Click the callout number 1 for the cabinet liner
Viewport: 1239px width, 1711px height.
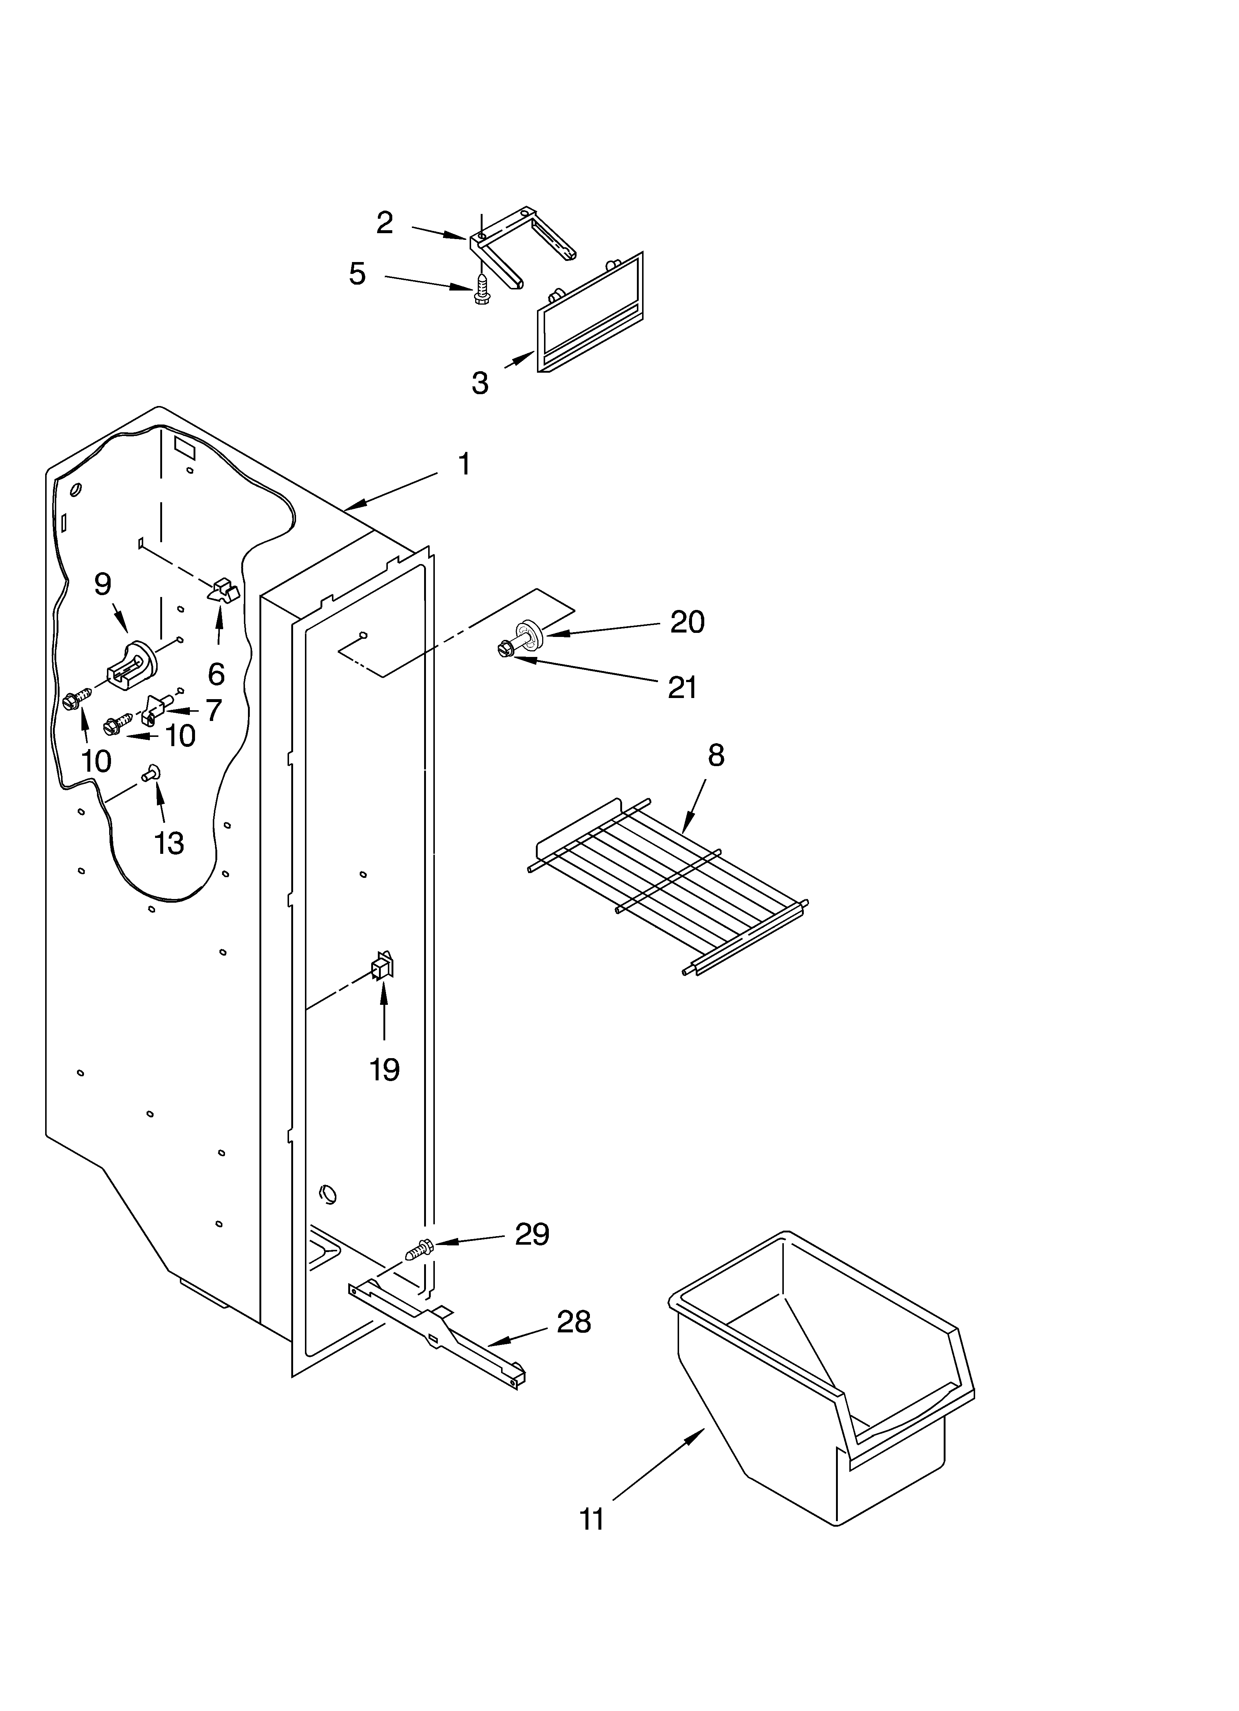(464, 464)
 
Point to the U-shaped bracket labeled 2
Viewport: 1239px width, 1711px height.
(521, 245)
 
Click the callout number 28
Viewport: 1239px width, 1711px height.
(574, 1322)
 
